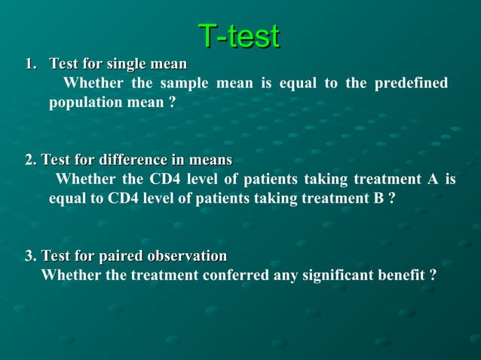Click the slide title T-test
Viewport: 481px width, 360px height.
pyautogui.click(x=239, y=35)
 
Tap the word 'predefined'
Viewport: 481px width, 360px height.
pyautogui.click(x=411, y=83)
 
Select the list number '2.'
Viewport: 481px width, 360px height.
pyautogui.click(x=30, y=160)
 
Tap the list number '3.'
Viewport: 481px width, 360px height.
pyautogui.click(x=30, y=256)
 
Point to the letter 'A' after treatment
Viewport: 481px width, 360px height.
pyautogui.click(x=432, y=179)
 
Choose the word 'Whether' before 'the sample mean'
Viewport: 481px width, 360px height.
pyautogui.click(x=94, y=83)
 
